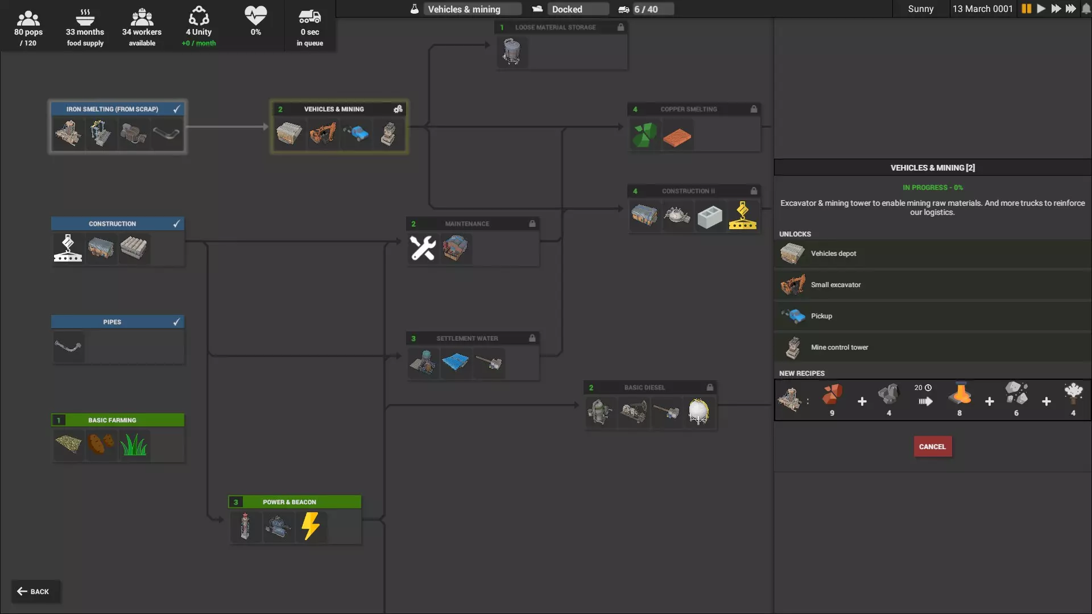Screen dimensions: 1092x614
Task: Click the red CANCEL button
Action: tap(932, 446)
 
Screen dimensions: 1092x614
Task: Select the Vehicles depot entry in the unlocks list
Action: tap(932, 254)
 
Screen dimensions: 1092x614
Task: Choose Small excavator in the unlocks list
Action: tap(932, 285)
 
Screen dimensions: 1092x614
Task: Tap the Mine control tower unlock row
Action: tap(932, 347)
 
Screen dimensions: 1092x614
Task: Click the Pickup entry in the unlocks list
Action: tap(932, 316)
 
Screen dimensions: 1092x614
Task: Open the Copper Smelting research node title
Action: tap(689, 109)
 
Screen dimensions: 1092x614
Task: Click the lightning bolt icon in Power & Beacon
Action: tap(311, 526)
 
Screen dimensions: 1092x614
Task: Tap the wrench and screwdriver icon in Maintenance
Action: tap(423, 248)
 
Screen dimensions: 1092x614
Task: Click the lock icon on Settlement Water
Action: tap(532, 338)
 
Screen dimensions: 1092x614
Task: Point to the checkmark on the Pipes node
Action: tap(176, 322)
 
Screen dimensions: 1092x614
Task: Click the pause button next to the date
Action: tap(1027, 9)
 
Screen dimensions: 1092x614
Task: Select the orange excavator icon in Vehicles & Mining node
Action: tap(322, 134)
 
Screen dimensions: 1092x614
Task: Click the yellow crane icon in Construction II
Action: tap(743, 215)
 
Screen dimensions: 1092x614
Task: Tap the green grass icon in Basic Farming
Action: tap(134, 444)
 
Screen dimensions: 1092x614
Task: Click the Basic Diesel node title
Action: tap(644, 388)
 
